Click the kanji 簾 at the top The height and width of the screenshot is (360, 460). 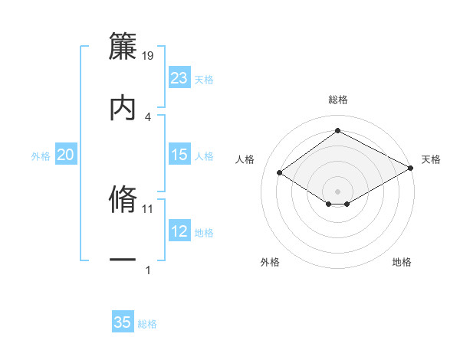(123, 43)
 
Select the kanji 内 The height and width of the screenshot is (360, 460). (123, 106)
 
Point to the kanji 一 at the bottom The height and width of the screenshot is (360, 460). (123, 260)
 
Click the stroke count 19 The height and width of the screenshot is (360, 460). (149, 54)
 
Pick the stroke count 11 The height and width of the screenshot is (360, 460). (148, 208)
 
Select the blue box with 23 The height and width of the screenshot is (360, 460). (179, 78)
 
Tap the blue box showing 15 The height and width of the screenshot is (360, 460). (179, 155)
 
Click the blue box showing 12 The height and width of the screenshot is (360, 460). (179, 231)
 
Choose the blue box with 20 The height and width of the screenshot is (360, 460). (66, 155)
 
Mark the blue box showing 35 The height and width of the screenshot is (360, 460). (123, 322)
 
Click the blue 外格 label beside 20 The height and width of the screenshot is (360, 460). (41, 156)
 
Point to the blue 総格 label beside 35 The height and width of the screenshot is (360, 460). (147, 324)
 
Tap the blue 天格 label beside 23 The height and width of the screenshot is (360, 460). (204, 80)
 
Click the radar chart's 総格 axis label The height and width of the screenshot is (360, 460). (338, 100)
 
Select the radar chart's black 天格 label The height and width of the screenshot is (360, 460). (431, 159)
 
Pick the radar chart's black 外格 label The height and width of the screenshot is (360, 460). (270, 262)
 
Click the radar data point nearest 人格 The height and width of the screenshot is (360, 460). (280, 173)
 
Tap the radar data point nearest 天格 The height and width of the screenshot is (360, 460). (411, 169)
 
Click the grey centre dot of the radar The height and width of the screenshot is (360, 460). (338, 191)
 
